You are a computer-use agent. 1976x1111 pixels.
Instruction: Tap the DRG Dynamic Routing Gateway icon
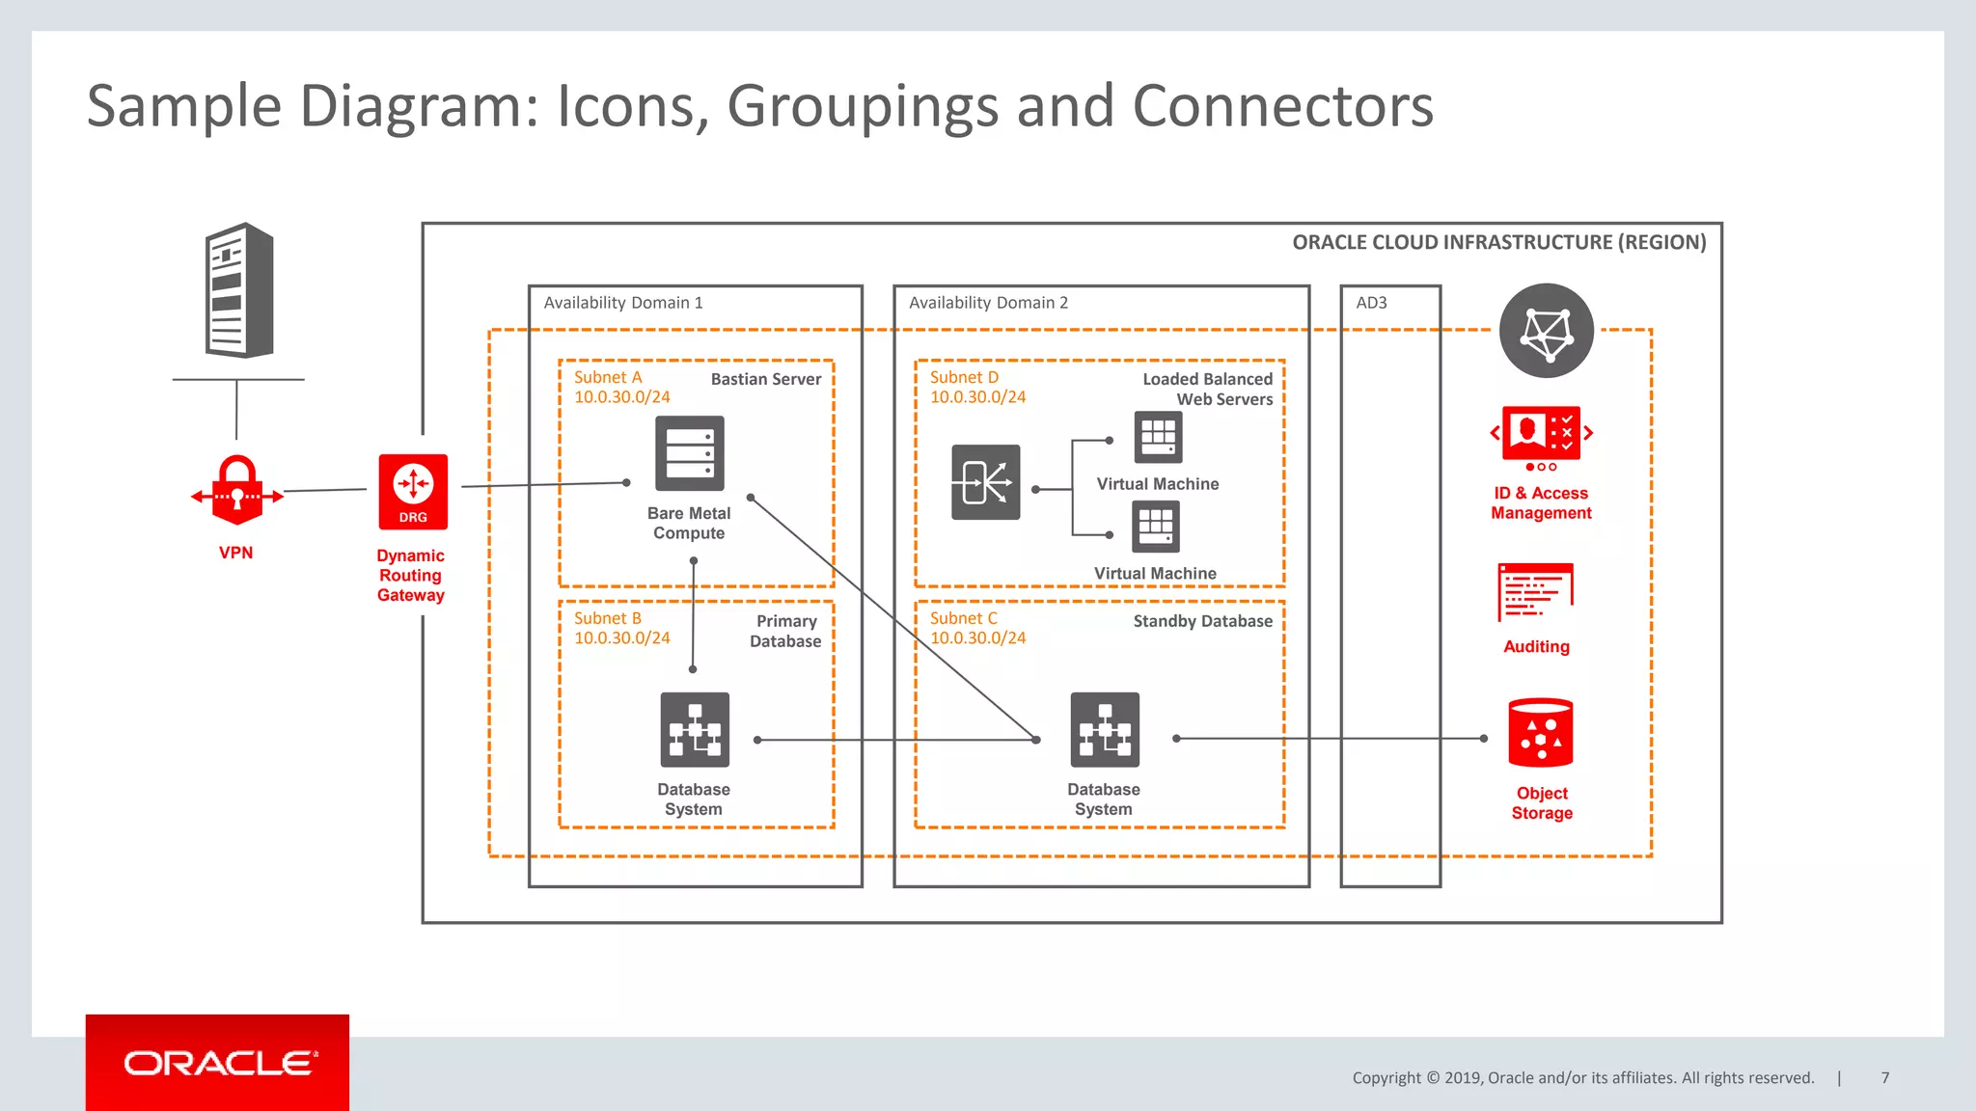(x=413, y=491)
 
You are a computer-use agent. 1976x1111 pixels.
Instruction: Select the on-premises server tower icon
(x=239, y=290)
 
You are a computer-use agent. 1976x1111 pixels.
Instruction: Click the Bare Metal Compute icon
(x=689, y=453)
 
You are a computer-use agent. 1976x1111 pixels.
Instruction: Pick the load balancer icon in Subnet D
(x=985, y=482)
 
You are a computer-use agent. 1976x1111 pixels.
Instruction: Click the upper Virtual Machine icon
(x=1158, y=437)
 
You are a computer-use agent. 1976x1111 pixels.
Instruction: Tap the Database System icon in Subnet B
(x=694, y=730)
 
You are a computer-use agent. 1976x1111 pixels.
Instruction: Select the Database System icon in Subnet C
(x=1105, y=730)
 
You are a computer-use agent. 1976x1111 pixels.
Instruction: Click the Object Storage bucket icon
(x=1541, y=733)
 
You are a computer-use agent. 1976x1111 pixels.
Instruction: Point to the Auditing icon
(x=1535, y=592)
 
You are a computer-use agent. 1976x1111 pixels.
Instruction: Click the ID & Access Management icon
(x=1541, y=436)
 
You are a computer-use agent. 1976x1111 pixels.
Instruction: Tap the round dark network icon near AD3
(x=1547, y=331)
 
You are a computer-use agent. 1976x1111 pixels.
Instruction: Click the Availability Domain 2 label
(x=988, y=303)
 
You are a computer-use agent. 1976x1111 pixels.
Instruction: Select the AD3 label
(x=1371, y=303)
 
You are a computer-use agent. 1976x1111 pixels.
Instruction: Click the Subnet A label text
(x=608, y=378)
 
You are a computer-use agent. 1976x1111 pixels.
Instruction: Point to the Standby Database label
(x=1202, y=621)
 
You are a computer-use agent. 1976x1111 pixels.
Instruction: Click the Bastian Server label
(x=766, y=380)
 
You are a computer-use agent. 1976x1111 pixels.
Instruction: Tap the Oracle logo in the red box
(x=218, y=1063)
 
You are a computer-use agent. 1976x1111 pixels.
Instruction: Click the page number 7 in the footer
(x=1884, y=1078)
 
